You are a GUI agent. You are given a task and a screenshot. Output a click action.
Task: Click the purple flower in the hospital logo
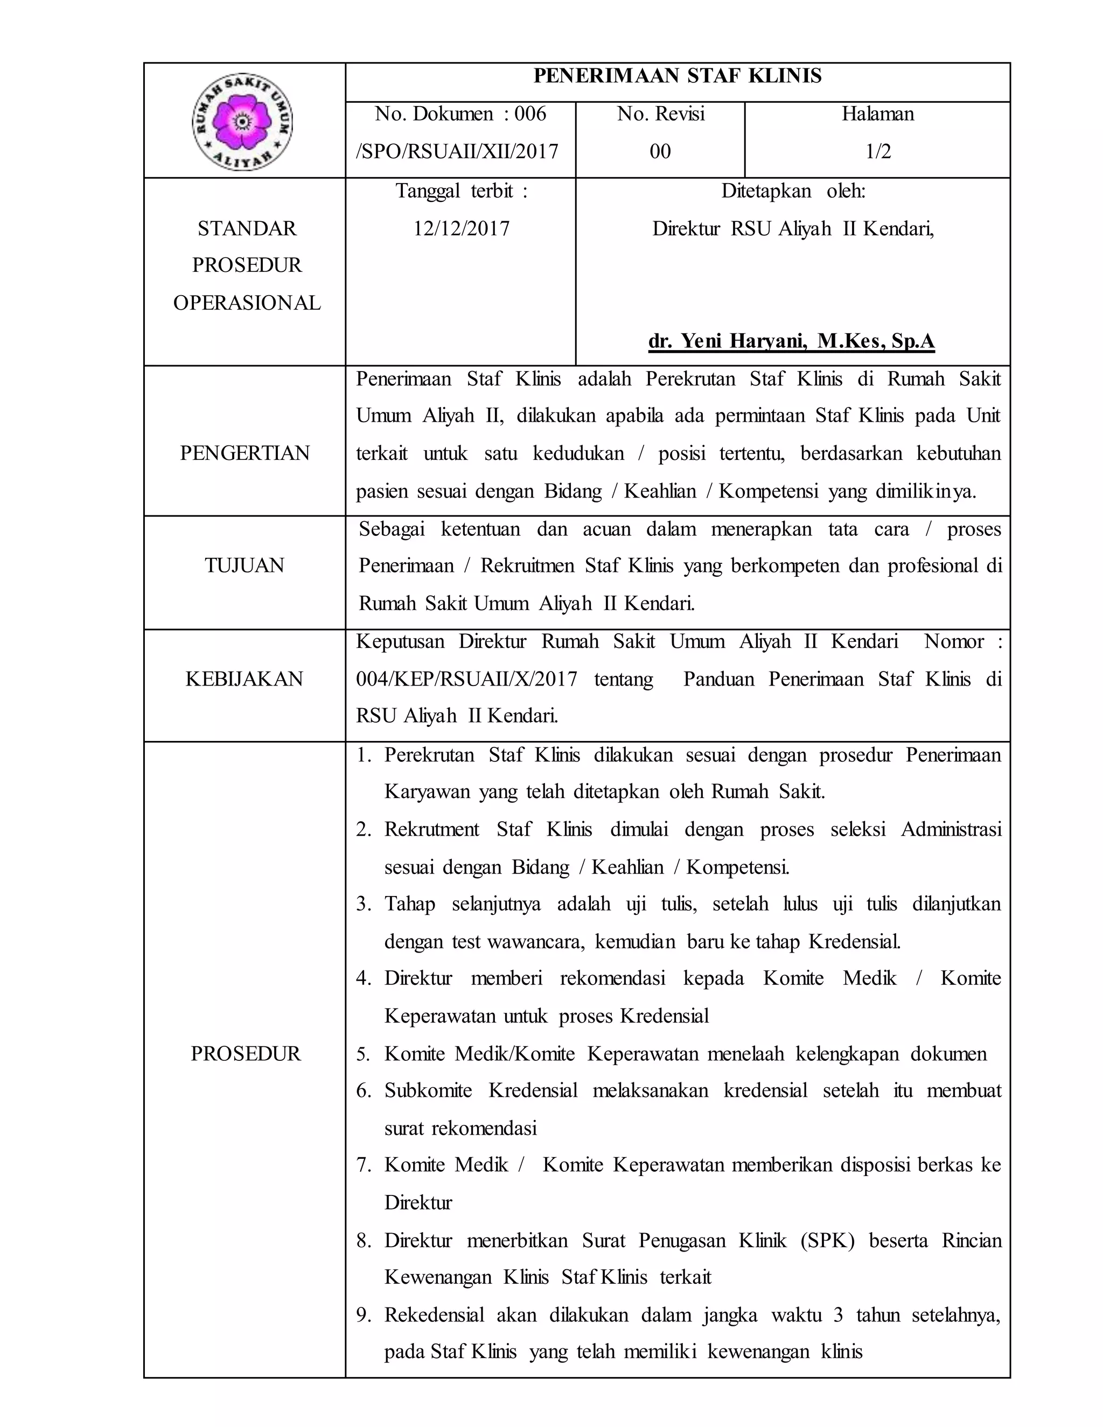click(x=242, y=122)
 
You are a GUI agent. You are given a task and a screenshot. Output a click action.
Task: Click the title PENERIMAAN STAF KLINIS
click(x=677, y=76)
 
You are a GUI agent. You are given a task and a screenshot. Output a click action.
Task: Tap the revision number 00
click(x=660, y=152)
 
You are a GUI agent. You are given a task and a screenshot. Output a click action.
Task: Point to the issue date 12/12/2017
click(x=462, y=229)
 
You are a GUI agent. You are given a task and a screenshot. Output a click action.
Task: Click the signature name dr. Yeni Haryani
click(x=791, y=341)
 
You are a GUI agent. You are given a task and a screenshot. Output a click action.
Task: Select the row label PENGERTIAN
click(x=245, y=453)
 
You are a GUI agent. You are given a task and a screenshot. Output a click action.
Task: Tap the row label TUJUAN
click(x=245, y=565)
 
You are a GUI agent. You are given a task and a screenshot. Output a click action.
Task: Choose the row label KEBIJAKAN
click(x=245, y=679)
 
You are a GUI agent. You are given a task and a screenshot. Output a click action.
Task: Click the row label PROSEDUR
click(x=245, y=1054)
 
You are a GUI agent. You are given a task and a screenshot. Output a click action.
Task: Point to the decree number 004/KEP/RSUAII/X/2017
click(x=466, y=679)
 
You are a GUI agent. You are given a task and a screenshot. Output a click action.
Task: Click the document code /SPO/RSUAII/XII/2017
click(x=457, y=152)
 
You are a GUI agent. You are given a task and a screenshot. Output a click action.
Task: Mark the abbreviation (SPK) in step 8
click(x=827, y=1241)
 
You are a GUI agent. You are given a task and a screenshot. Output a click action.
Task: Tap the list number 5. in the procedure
click(x=364, y=1054)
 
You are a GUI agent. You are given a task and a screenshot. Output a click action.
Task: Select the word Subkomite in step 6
click(x=428, y=1090)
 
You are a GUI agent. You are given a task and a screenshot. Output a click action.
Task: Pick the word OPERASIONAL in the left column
click(x=247, y=303)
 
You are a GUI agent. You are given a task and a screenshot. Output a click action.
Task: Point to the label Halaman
click(x=877, y=114)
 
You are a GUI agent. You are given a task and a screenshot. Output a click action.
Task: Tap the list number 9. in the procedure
click(x=364, y=1316)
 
